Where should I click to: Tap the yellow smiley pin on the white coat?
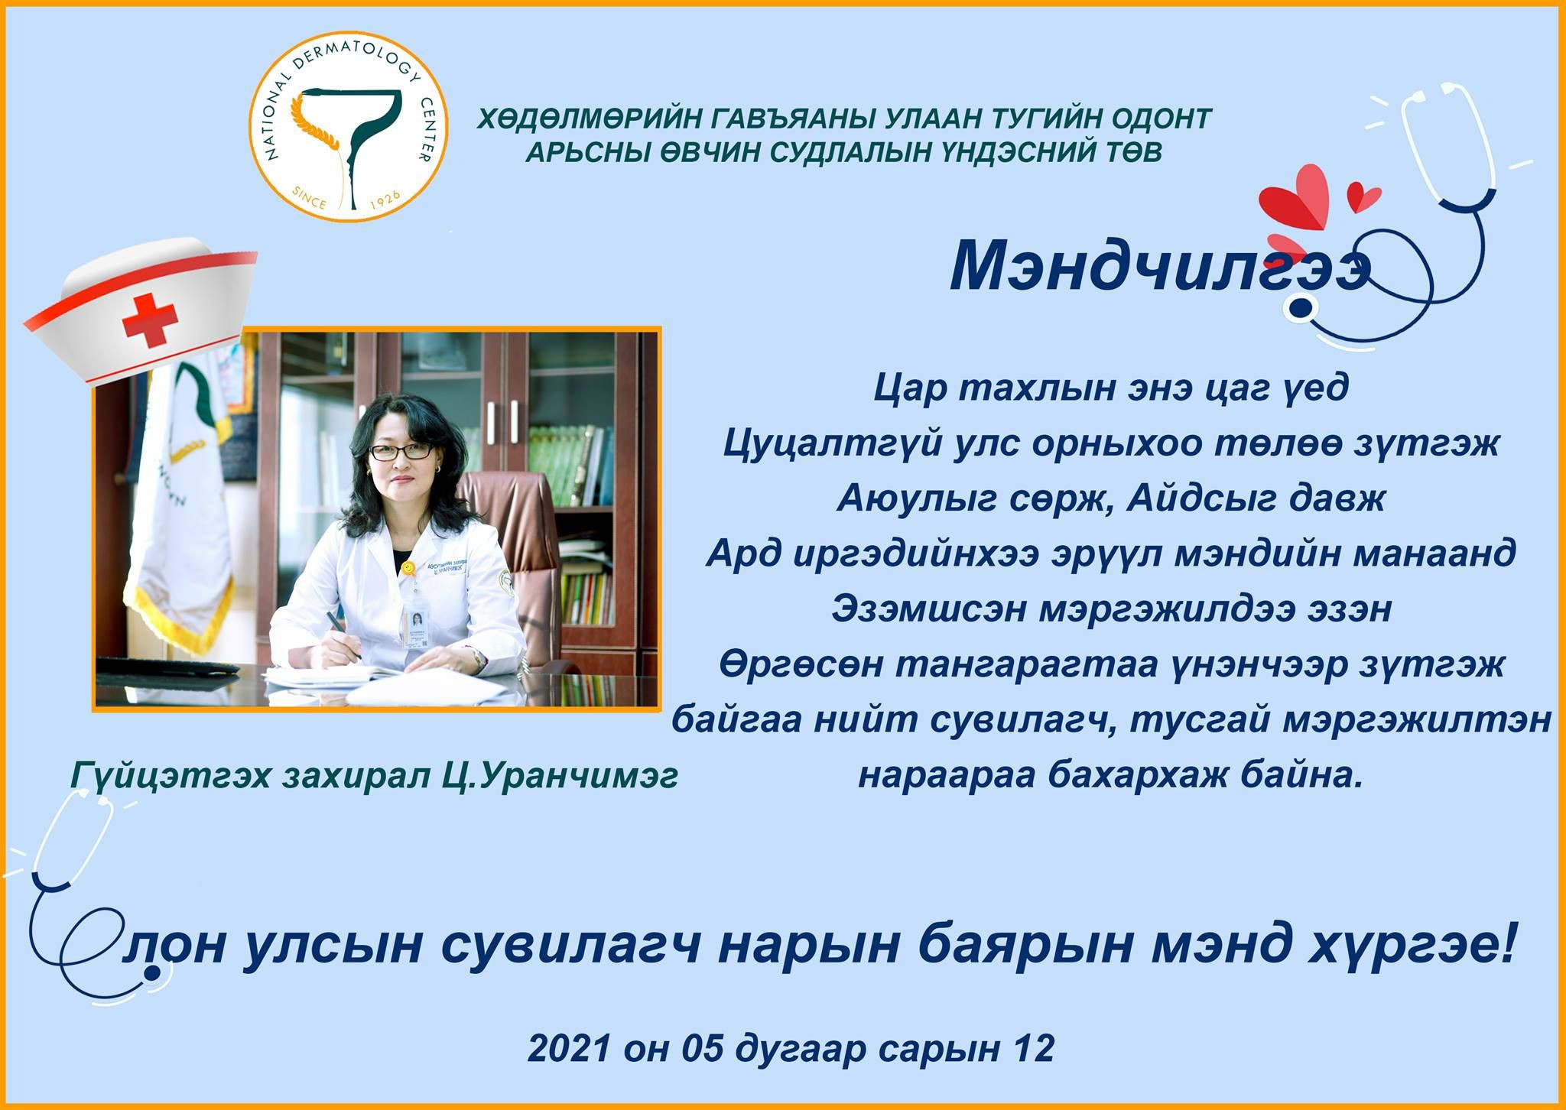tap(408, 569)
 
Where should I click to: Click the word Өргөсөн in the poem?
tap(796, 665)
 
